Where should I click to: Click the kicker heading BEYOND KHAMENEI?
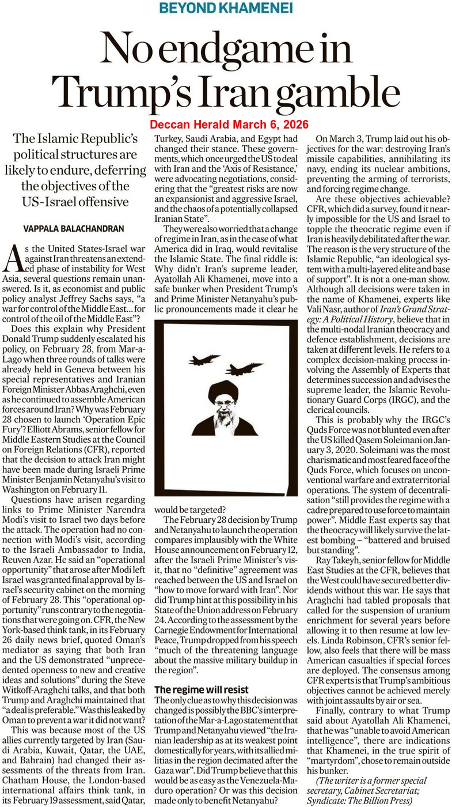click(225, 9)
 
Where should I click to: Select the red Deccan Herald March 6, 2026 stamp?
click(229, 125)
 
